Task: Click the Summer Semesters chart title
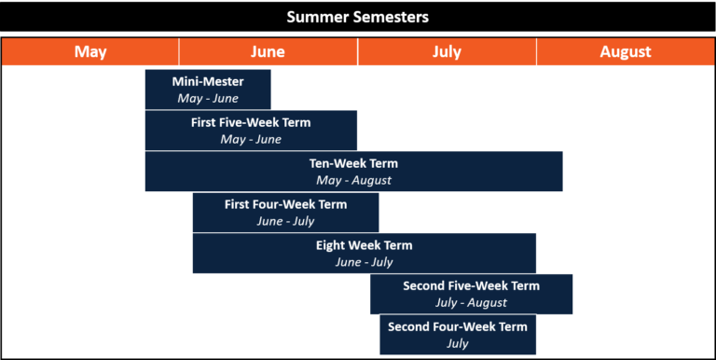click(x=358, y=17)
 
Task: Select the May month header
click(x=90, y=52)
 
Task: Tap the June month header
click(x=268, y=52)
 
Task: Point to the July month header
click(x=447, y=52)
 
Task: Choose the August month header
click(x=626, y=52)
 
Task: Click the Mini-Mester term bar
click(x=208, y=90)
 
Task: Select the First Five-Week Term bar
click(x=251, y=131)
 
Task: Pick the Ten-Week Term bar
click(x=353, y=172)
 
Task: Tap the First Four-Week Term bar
click(x=285, y=213)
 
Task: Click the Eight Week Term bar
click(x=364, y=254)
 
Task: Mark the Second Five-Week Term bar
click(x=471, y=295)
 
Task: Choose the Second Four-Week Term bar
click(x=457, y=336)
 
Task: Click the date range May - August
click(x=353, y=180)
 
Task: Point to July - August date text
click(x=471, y=303)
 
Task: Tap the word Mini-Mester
click(x=208, y=81)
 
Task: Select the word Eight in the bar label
click(x=330, y=245)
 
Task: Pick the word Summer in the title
click(x=315, y=17)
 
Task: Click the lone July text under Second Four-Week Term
click(x=457, y=344)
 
